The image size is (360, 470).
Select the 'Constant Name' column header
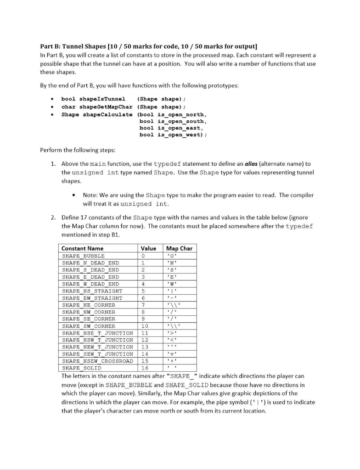pos(82,248)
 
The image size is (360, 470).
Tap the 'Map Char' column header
pos(179,248)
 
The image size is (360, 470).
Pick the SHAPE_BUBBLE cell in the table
pos(83,256)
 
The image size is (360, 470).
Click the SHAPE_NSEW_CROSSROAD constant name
pos(97,361)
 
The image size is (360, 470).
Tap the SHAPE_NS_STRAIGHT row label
pos(92,291)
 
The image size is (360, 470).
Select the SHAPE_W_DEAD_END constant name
pos(90,284)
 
